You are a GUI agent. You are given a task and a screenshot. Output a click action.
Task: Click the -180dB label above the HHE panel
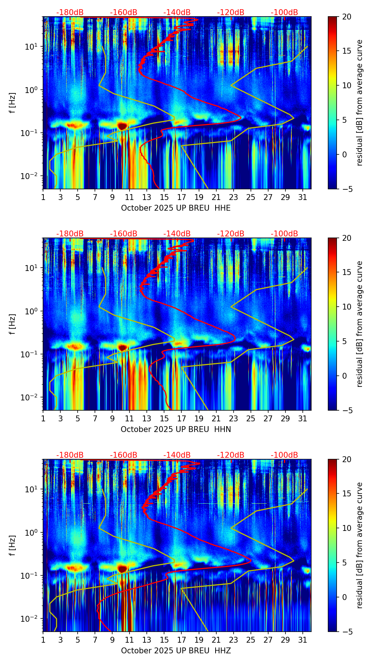[x=70, y=13]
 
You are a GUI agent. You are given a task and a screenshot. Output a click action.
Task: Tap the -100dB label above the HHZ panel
[x=284, y=455]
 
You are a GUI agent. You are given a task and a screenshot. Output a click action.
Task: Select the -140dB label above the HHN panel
[x=177, y=234]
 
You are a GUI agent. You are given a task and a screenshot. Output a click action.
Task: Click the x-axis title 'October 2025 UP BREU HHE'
[x=176, y=208]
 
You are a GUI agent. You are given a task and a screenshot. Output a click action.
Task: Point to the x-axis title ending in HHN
[x=176, y=429]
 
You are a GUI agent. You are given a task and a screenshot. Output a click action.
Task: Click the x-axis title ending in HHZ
[x=176, y=651]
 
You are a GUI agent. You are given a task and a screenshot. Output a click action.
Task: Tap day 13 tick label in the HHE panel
[x=147, y=197]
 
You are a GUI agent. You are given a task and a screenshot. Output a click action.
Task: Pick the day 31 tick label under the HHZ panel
[x=303, y=640]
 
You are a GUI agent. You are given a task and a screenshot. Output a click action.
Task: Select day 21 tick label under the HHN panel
[x=216, y=418]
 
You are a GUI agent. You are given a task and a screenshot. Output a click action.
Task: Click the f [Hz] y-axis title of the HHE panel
[x=13, y=103]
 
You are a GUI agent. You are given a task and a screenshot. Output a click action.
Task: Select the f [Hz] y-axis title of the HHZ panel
[x=13, y=546]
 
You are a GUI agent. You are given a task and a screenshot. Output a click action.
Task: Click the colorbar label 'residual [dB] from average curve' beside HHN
[x=360, y=324]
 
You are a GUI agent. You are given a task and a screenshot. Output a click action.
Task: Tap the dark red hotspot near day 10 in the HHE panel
[x=123, y=126]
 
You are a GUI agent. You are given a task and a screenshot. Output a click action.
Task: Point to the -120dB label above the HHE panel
[x=231, y=13]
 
